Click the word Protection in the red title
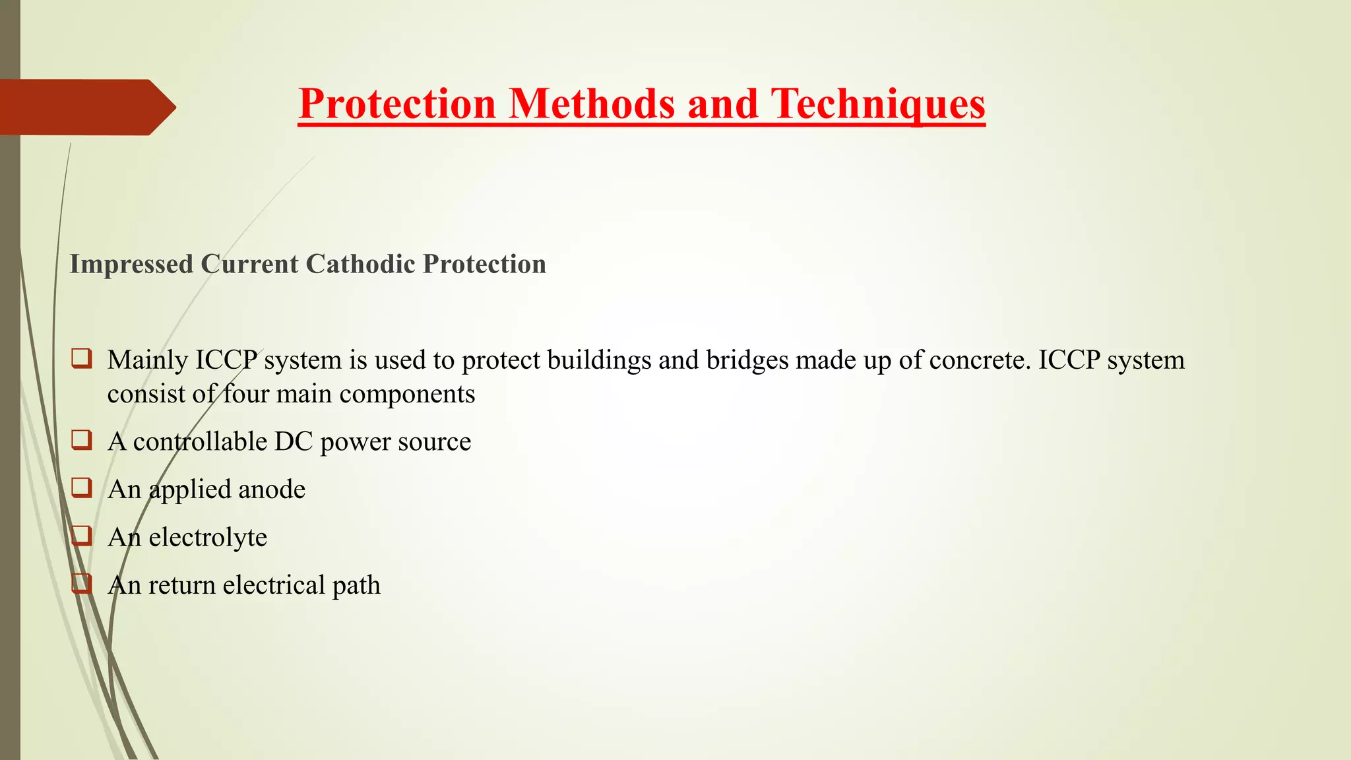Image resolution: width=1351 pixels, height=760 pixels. pyautogui.click(x=397, y=104)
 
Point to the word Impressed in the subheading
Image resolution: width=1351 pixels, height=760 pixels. pyautogui.click(x=131, y=264)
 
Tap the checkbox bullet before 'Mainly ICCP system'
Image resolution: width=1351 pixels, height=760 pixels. pyautogui.click(x=82, y=358)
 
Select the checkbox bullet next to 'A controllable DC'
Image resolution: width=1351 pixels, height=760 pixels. pyautogui.click(x=82, y=440)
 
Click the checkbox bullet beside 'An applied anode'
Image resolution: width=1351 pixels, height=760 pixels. pyautogui.click(x=82, y=488)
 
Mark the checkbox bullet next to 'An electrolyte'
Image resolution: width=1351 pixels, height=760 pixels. pyautogui.click(x=82, y=535)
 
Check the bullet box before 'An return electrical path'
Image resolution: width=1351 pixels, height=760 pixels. pyautogui.click(x=82, y=583)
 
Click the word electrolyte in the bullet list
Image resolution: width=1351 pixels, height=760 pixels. pyautogui.click(x=208, y=538)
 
